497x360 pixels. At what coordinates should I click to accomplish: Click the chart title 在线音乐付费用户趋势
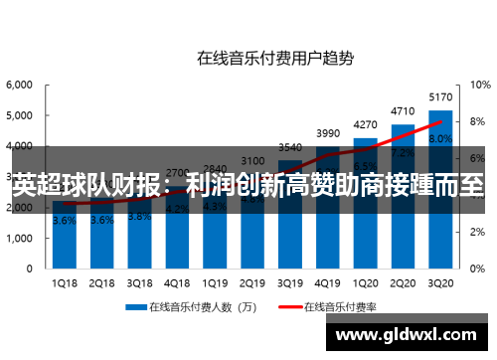(274, 58)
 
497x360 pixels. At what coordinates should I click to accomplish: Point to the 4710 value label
(404, 111)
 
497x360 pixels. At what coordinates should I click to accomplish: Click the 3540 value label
(290, 147)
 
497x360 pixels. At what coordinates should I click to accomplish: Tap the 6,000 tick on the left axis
(20, 86)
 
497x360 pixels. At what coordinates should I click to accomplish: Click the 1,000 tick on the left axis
(20, 240)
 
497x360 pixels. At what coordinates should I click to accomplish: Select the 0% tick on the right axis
(473, 270)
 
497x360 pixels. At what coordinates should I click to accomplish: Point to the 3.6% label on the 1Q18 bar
(63, 221)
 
